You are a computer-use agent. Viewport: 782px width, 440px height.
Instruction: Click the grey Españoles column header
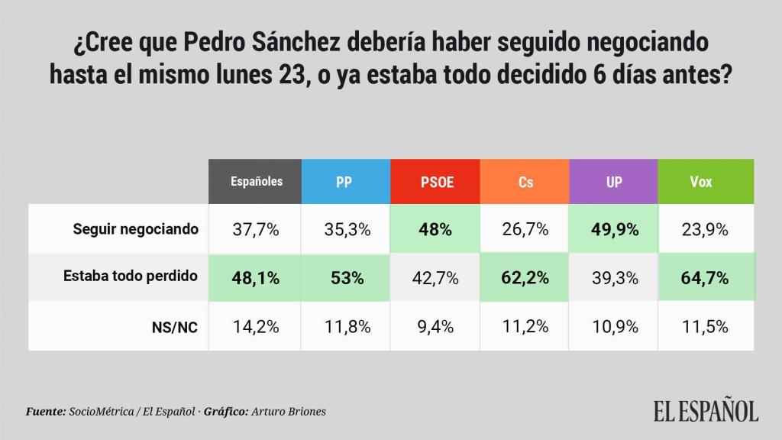(257, 182)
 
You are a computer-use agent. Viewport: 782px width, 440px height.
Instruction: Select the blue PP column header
(344, 183)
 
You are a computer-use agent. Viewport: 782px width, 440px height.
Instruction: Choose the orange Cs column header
(525, 183)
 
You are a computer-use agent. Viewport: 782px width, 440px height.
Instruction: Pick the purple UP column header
(614, 183)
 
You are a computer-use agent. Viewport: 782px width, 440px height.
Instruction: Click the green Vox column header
(700, 183)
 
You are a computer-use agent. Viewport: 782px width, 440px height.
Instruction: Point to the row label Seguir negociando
(136, 228)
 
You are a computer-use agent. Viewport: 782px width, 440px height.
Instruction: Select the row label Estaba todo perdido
(131, 277)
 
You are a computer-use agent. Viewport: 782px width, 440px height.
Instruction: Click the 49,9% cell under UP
(614, 229)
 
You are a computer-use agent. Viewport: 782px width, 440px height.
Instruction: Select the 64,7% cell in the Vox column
(703, 278)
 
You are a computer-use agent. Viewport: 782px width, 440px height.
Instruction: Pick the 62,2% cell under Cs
(525, 278)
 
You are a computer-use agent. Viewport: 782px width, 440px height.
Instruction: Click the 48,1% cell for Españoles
(257, 278)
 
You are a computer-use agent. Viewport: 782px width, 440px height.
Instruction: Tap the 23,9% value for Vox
(703, 229)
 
